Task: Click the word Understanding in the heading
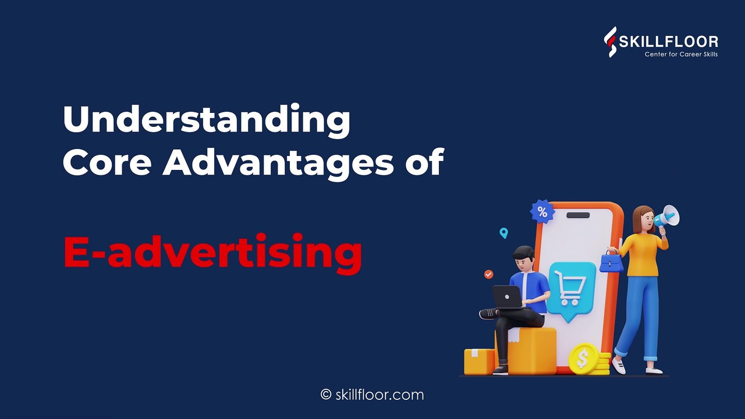pyautogui.click(x=206, y=120)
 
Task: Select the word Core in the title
pyautogui.click(x=107, y=162)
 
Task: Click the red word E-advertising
pyautogui.click(x=212, y=253)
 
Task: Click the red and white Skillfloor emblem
pyautogui.click(x=610, y=42)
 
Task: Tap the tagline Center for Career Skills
pyautogui.click(x=681, y=54)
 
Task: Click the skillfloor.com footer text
pyautogui.click(x=379, y=395)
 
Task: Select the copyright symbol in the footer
pyautogui.click(x=326, y=395)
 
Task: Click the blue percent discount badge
pyautogui.click(x=542, y=211)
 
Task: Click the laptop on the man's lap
pyautogui.click(x=508, y=297)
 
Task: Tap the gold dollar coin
pyautogui.click(x=583, y=359)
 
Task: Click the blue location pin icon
pyautogui.click(x=504, y=233)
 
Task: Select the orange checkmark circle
pyautogui.click(x=488, y=274)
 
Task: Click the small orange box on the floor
pyautogui.click(x=479, y=361)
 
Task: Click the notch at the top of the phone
pyautogui.click(x=578, y=215)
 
